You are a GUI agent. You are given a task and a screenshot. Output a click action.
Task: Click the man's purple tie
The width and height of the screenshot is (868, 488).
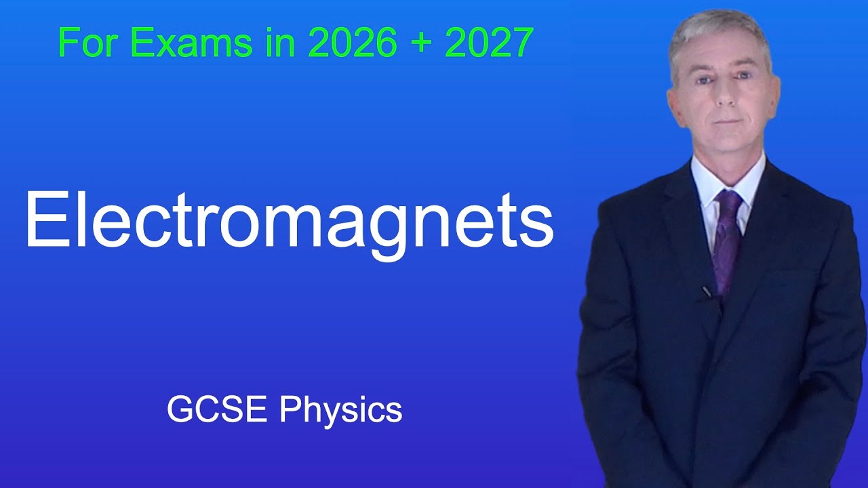(x=727, y=237)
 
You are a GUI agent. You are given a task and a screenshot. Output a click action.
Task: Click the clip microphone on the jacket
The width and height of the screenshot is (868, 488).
(x=707, y=292)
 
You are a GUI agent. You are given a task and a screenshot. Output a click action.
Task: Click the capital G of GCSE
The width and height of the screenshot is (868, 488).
(x=179, y=410)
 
